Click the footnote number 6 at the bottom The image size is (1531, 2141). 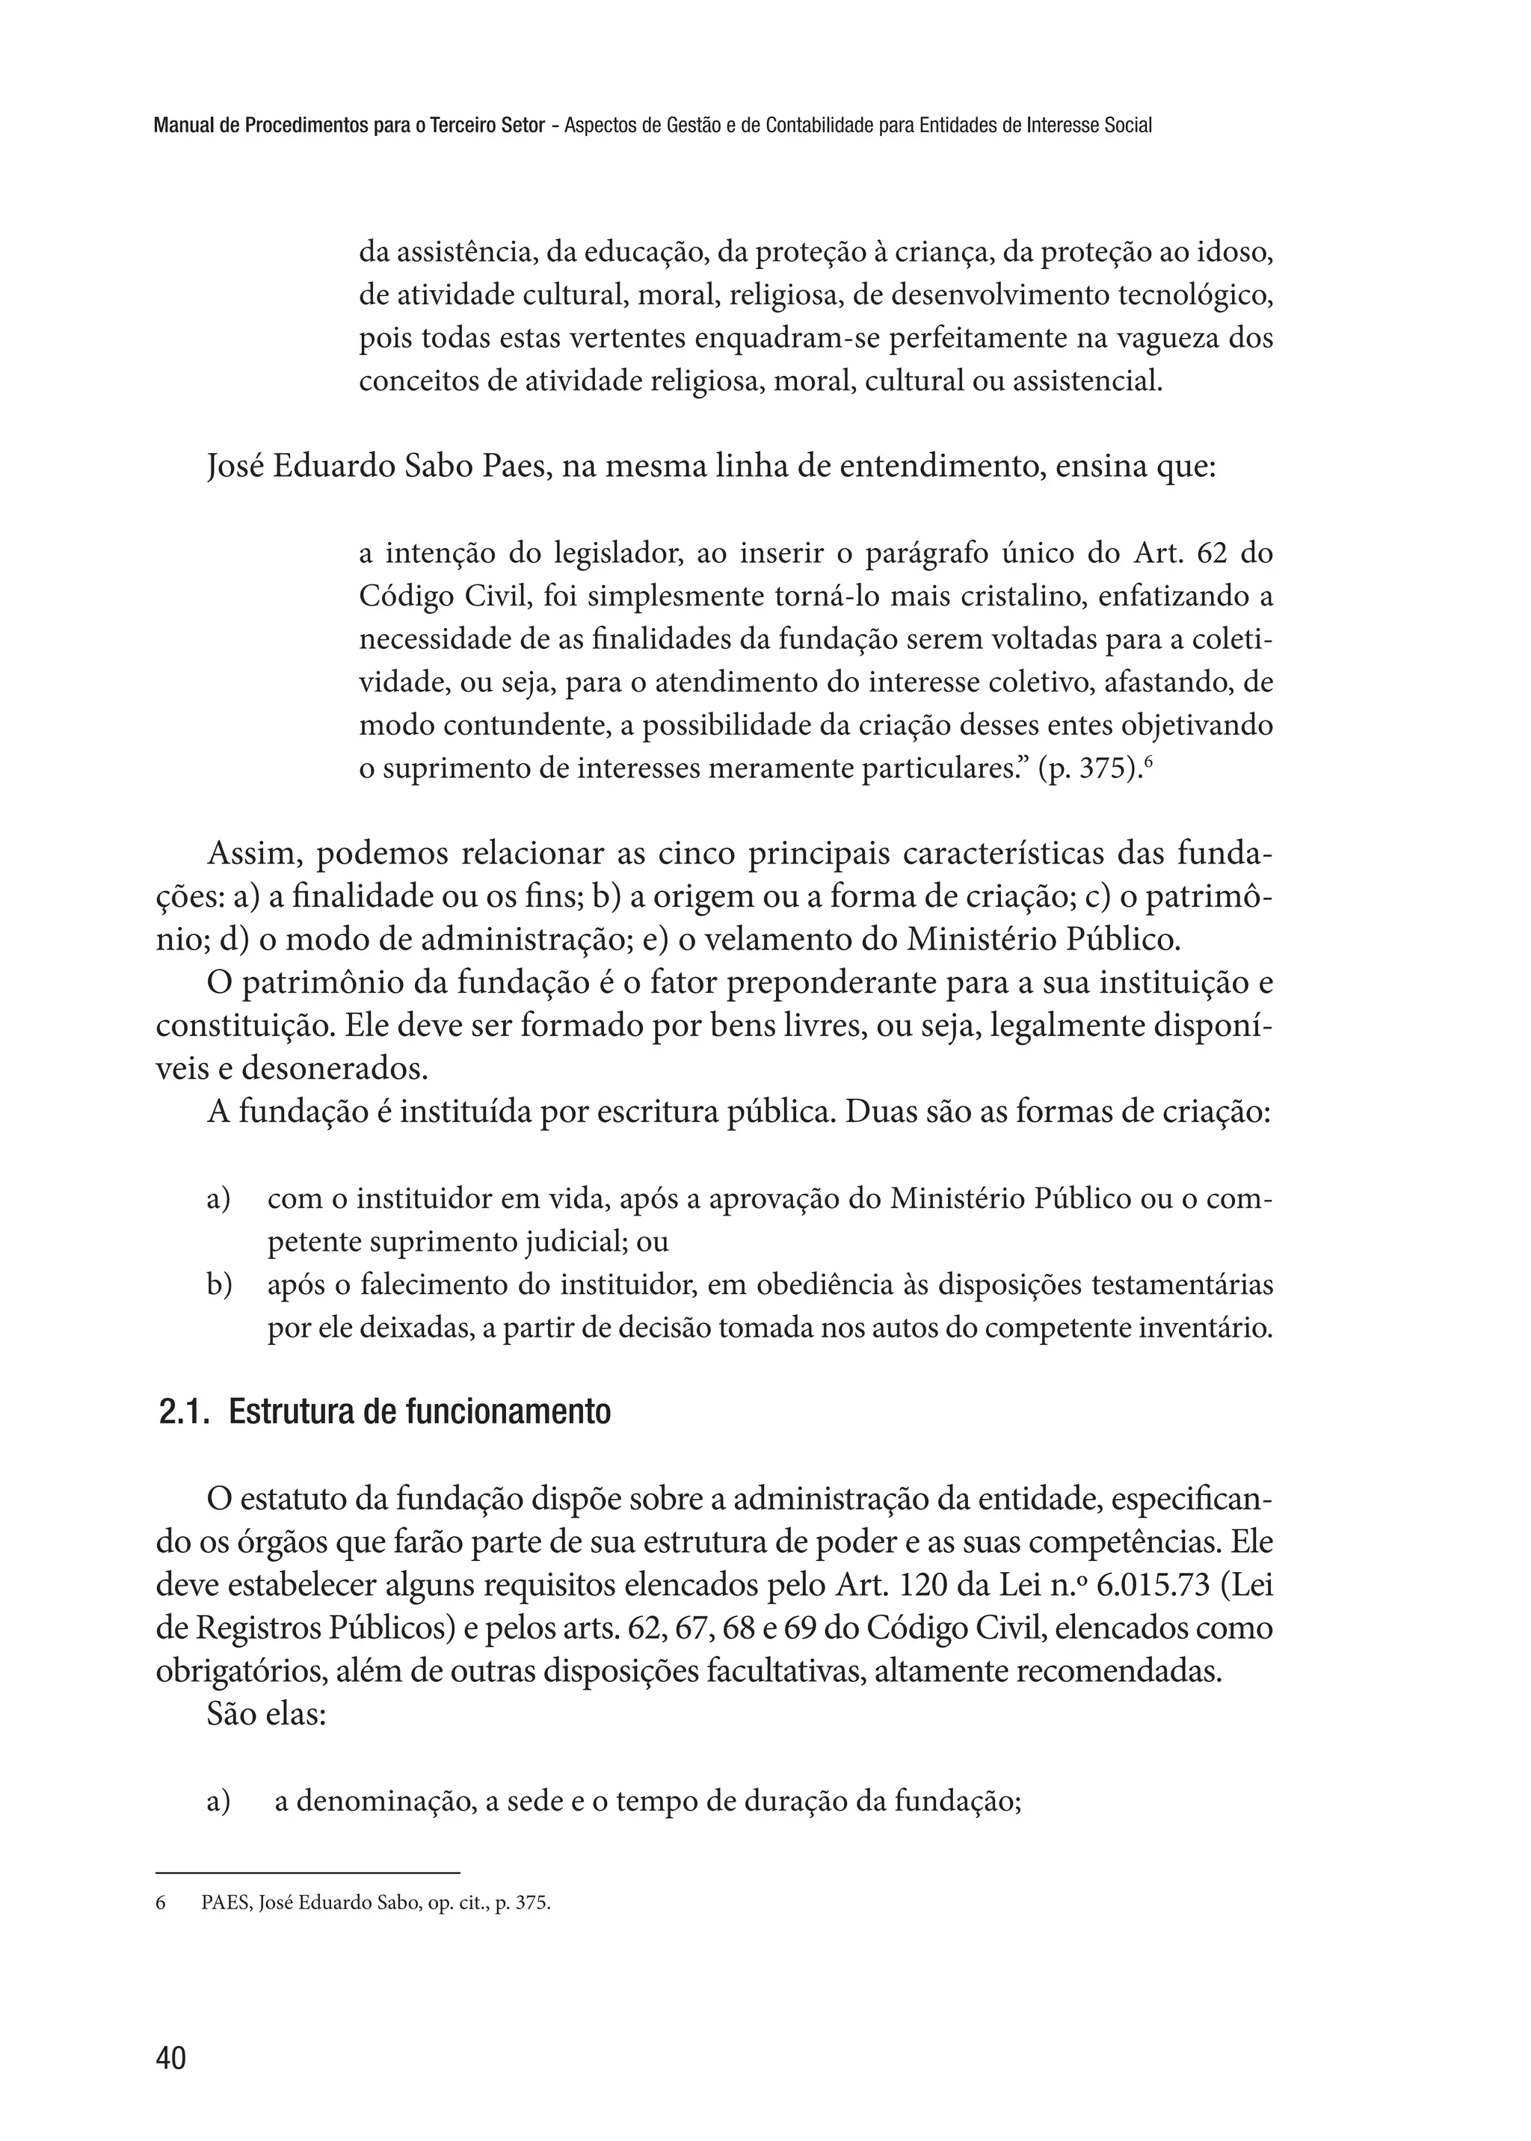pyautogui.click(x=160, y=1903)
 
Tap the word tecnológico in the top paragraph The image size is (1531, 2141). pyautogui.click(x=1195, y=296)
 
